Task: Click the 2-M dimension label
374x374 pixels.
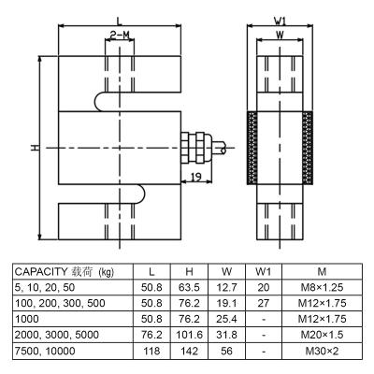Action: (x=120, y=36)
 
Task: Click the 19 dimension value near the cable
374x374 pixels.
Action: (x=195, y=178)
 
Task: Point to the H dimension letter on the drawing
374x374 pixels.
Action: (x=35, y=148)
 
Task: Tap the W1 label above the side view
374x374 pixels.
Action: (x=280, y=21)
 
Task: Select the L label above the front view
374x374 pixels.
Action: (x=120, y=21)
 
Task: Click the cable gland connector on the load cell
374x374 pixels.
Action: (x=197, y=148)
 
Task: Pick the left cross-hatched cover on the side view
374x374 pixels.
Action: (x=252, y=148)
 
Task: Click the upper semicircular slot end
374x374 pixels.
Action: (x=100, y=102)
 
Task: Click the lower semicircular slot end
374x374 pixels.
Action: (x=139, y=194)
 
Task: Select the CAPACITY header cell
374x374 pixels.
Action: (x=65, y=272)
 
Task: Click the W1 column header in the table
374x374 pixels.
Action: (x=264, y=272)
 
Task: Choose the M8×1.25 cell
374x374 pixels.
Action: (x=322, y=287)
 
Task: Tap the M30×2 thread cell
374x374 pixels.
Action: (x=322, y=352)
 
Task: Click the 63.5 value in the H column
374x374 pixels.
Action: (x=189, y=287)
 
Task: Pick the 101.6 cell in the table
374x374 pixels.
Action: (x=189, y=335)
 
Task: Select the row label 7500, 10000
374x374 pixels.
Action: (x=45, y=352)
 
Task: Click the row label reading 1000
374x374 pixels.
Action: (x=27, y=319)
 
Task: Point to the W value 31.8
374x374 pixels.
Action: (x=226, y=335)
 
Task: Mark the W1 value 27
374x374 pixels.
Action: (x=264, y=303)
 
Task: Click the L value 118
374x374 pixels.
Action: (x=151, y=352)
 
